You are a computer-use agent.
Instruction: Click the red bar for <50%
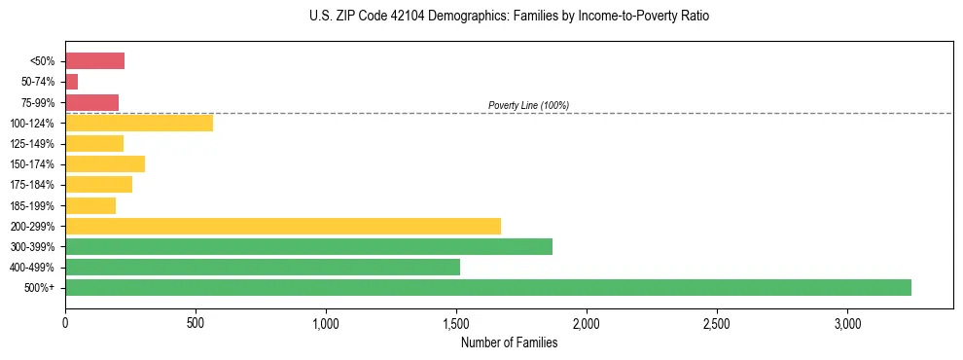94,61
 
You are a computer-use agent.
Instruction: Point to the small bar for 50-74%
71,82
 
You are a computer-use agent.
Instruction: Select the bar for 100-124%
139,123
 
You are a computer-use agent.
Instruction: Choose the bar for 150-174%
105,163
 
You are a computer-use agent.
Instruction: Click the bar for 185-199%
90,205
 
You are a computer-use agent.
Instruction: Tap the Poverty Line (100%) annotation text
528,105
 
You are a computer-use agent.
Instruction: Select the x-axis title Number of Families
509,342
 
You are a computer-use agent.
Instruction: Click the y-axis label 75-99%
39,102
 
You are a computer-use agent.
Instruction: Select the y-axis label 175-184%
36,185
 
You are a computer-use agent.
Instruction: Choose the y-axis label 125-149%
36,144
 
